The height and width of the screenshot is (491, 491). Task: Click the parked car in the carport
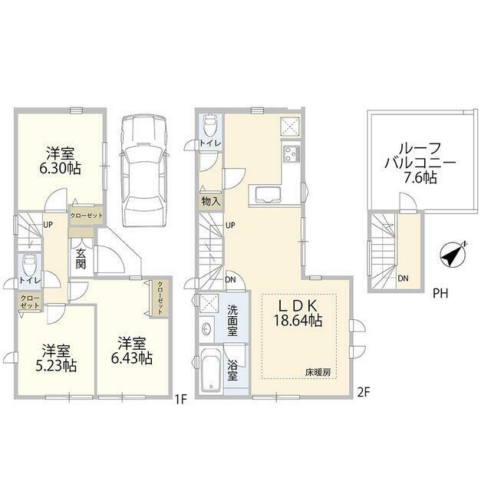(143, 170)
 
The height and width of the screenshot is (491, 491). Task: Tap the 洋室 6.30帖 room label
(60, 161)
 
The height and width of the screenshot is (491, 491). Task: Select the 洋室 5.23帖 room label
(56, 358)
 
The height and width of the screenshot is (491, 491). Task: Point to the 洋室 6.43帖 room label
(132, 351)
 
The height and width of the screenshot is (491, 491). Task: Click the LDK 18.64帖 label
(298, 313)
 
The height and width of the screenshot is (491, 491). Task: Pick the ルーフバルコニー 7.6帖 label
(420, 163)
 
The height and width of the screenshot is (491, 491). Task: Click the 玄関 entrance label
(81, 259)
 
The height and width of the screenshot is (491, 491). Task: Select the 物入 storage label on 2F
(211, 201)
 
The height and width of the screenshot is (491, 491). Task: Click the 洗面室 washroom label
(232, 321)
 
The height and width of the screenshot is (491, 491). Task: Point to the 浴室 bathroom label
(232, 371)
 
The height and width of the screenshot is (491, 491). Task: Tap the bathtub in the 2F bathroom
(211, 371)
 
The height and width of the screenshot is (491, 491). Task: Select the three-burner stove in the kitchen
(292, 154)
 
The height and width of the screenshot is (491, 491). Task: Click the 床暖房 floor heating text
(318, 373)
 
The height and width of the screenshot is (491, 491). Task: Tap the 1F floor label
(181, 400)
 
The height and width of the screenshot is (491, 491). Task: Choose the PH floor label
(440, 293)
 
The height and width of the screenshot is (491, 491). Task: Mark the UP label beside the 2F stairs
(230, 225)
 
